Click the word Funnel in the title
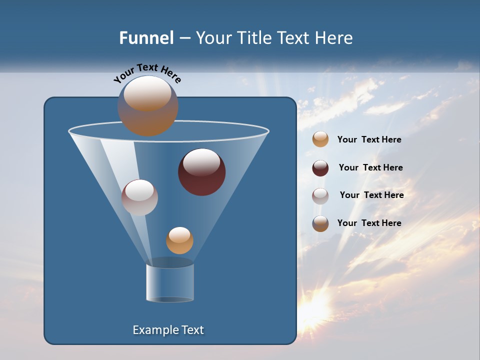coord(146,37)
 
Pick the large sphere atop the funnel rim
coord(148,105)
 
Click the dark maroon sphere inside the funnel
coord(202,172)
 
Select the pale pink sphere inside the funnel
coord(139,197)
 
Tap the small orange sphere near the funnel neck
coord(179,240)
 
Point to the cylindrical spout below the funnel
coord(170,282)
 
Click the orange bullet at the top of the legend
coord(320,139)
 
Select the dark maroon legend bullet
coord(320,168)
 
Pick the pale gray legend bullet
coord(320,196)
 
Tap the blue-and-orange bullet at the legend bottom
coord(320,223)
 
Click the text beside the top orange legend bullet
coord(369,140)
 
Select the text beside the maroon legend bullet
coord(370,167)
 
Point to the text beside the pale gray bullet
coord(371,195)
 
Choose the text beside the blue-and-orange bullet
coord(369,223)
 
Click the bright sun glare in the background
coord(316,304)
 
